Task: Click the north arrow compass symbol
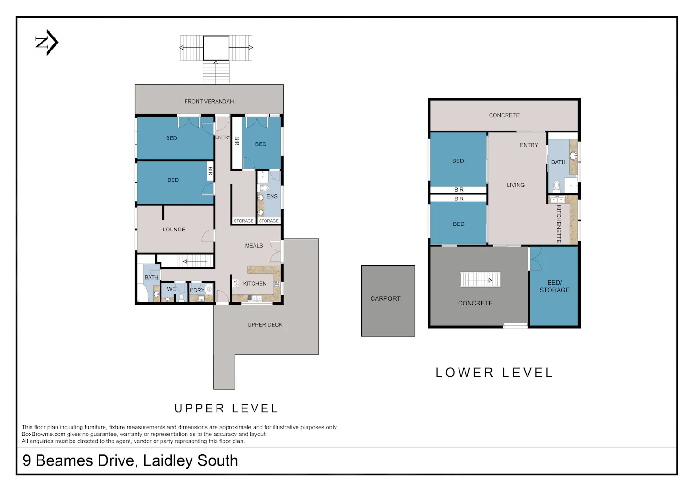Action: (47, 42)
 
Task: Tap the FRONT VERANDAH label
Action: (209, 101)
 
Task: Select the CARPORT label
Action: (385, 298)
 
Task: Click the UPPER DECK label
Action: (265, 324)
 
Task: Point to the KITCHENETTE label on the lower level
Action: (558, 224)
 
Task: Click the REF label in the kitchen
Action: (235, 283)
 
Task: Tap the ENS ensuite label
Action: (272, 196)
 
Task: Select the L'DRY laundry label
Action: (197, 290)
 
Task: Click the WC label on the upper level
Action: (171, 289)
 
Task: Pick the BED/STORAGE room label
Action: (554, 286)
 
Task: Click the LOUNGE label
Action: (174, 230)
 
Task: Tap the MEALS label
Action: (254, 245)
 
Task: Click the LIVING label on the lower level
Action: (515, 185)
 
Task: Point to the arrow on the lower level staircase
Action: (480, 280)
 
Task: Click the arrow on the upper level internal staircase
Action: (195, 261)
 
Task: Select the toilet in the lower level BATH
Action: (557, 186)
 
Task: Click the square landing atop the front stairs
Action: (216, 48)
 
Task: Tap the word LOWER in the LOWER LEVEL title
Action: (465, 373)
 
